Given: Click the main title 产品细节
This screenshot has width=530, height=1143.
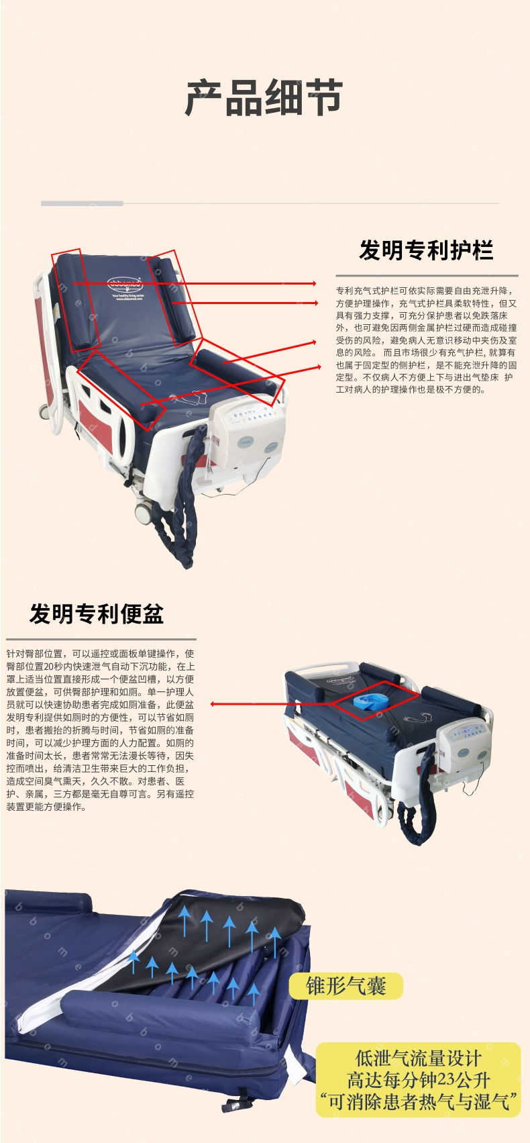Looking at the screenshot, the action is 263,97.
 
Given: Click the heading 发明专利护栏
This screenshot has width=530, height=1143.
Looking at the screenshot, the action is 426,250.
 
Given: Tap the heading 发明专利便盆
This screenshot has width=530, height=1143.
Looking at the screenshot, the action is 97,613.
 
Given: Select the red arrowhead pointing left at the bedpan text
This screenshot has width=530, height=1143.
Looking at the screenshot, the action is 214,704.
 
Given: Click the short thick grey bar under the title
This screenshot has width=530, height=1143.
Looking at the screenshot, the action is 82,203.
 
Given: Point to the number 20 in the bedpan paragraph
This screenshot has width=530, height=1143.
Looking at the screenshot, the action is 49,666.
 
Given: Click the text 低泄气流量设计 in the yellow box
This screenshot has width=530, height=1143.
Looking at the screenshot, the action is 418,1058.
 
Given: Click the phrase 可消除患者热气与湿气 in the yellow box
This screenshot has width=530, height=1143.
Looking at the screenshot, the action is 418,1101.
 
